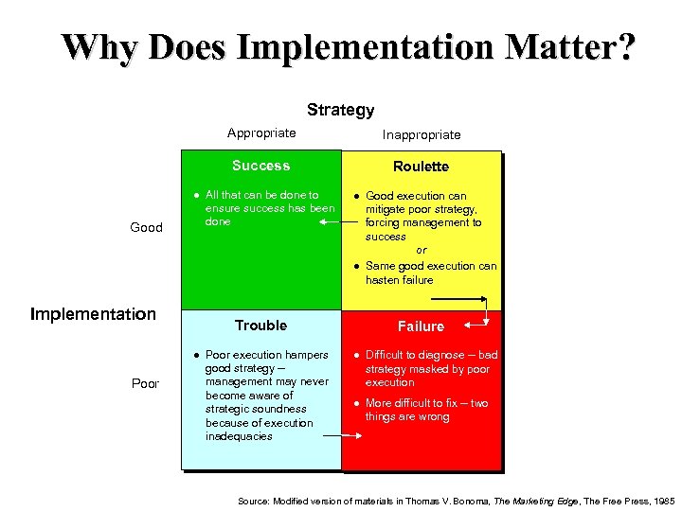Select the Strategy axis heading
pyautogui.click(x=340, y=111)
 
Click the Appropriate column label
pyautogui.click(x=261, y=133)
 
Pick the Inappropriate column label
pyautogui.click(x=422, y=134)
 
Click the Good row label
pyautogui.click(x=146, y=227)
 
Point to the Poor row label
pyautogui.click(x=145, y=384)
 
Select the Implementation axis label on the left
pyautogui.click(x=93, y=313)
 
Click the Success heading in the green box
pyautogui.click(x=260, y=166)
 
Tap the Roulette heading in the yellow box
pyautogui.click(x=421, y=167)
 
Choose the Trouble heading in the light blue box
pyautogui.click(x=260, y=326)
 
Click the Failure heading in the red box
pyautogui.click(x=421, y=326)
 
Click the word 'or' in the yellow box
pyautogui.click(x=422, y=251)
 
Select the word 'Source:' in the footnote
pyautogui.click(x=253, y=499)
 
